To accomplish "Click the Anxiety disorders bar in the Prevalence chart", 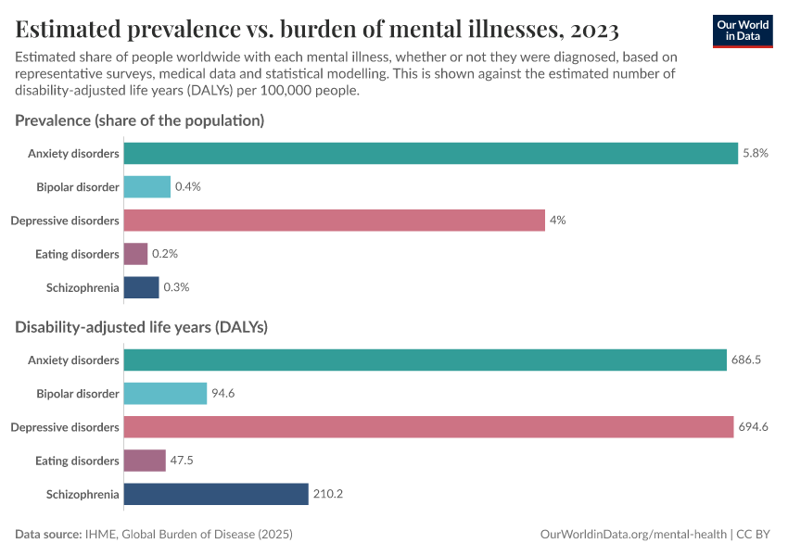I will [430, 153].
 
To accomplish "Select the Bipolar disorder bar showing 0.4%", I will [146, 186].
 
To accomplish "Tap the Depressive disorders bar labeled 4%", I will [334, 220].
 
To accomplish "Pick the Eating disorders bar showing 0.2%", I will [135, 254].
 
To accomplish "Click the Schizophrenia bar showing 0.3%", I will [141, 287].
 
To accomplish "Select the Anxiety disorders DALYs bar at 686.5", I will [425, 360].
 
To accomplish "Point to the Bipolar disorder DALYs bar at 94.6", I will [165, 393].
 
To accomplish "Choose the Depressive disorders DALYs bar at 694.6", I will [428, 427].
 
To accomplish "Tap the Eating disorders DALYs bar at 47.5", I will [145, 461].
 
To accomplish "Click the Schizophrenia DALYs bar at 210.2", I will [215, 494].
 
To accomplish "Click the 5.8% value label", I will [756, 153].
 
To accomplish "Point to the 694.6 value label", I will [754, 427].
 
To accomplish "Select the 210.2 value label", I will [328, 494].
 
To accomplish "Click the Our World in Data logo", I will [742, 30].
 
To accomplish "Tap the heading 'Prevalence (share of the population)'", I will [140, 120].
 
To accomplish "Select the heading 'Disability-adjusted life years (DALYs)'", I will [142, 327].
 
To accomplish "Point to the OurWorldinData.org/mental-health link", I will [632, 535].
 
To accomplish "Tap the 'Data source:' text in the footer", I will [48, 535].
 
